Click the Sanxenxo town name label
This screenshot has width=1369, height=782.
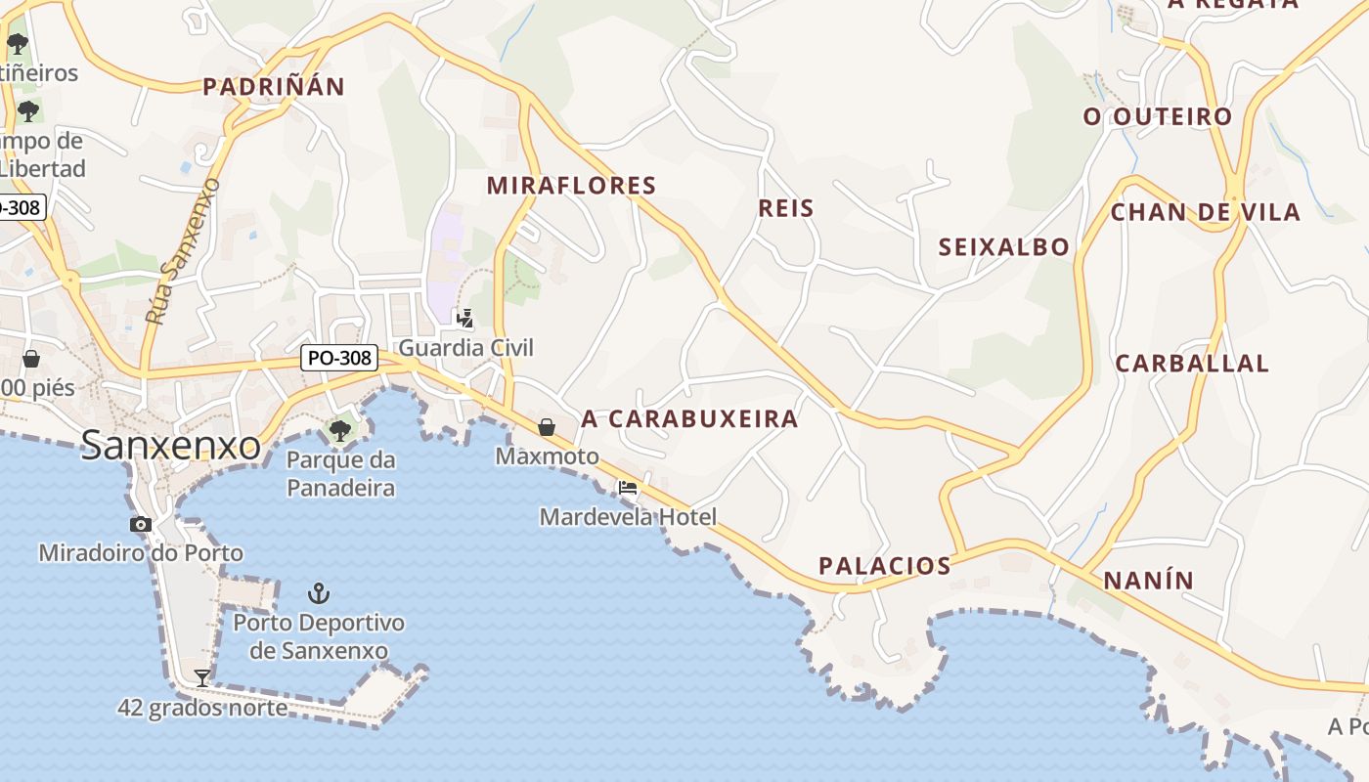(170, 445)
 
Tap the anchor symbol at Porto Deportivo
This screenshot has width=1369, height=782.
(318, 592)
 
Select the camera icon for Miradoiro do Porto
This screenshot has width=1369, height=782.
(141, 524)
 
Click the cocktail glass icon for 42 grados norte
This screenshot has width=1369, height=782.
(201, 676)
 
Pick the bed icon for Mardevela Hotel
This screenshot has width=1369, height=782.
(628, 488)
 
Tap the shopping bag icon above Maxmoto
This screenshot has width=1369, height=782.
(547, 427)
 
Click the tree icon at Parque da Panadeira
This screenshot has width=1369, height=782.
(340, 430)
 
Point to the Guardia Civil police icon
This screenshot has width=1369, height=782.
(465, 318)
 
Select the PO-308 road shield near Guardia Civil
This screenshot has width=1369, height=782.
(338, 358)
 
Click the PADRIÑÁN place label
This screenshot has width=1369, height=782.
(274, 87)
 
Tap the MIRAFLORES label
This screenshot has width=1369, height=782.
(571, 185)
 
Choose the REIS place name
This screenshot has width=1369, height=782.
(786, 208)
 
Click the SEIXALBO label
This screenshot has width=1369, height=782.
(1004, 247)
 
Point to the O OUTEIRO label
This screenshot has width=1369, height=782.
(1158, 117)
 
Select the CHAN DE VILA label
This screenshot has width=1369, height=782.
(1206, 212)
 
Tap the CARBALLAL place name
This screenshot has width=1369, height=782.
(1192, 364)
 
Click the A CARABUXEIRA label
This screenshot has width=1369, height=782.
(689, 419)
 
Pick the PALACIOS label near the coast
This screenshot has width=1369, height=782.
(884, 566)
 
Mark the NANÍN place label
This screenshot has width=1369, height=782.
(1149, 581)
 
